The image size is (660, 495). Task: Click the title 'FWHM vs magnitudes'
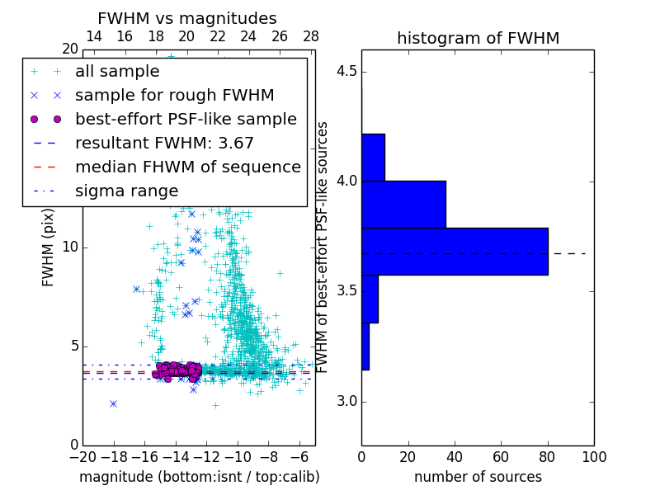click(x=187, y=18)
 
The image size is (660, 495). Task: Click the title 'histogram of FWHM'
click(x=478, y=38)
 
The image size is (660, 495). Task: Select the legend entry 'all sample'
click(x=117, y=71)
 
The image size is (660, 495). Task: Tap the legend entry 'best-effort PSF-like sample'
click(x=186, y=119)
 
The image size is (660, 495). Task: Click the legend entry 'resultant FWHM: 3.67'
click(x=164, y=143)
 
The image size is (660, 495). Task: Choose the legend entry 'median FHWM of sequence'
click(x=187, y=167)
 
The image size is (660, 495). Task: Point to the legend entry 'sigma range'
click(x=126, y=191)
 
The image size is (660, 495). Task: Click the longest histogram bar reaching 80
click(x=455, y=251)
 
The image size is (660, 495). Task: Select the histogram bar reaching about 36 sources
click(x=403, y=204)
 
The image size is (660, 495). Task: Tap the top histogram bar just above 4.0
click(x=373, y=157)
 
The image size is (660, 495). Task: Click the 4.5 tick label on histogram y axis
click(x=346, y=71)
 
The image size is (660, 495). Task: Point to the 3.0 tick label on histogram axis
click(x=346, y=402)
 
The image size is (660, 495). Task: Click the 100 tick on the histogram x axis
click(x=593, y=456)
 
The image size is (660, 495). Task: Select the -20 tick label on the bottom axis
click(x=82, y=456)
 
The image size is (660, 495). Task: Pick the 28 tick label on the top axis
click(x=311, y=36)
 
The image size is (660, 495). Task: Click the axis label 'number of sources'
click(x=478, y=477)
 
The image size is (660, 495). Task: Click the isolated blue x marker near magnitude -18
click(x=113, y=403)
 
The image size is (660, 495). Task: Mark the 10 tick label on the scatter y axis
click(x=69, y=247)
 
